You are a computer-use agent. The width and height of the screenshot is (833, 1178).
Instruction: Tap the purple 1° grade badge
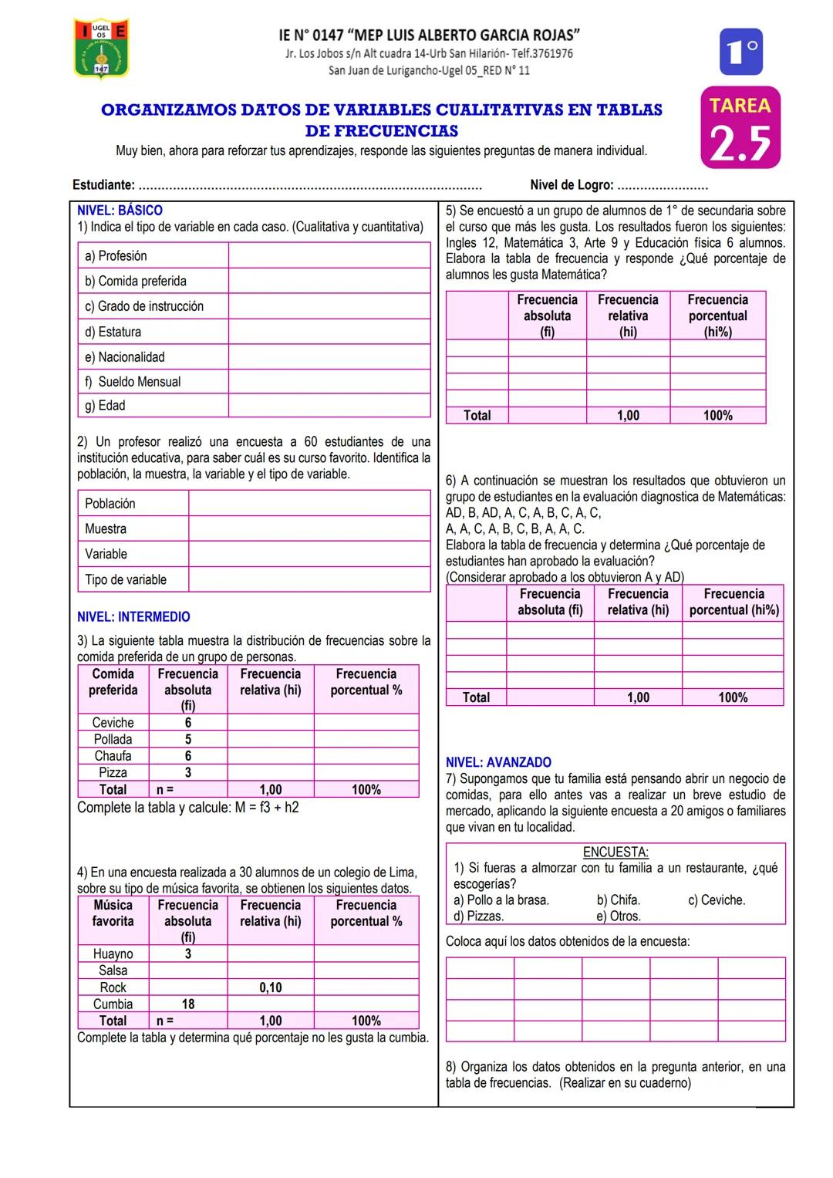740,52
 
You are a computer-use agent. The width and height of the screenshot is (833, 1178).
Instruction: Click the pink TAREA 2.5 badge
740,128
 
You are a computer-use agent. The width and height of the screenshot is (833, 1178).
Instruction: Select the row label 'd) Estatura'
113,332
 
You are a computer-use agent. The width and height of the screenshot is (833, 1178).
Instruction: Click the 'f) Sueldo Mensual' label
133,382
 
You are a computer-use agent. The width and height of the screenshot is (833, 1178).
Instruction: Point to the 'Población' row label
110,504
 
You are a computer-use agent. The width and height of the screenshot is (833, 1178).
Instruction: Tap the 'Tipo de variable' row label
126,579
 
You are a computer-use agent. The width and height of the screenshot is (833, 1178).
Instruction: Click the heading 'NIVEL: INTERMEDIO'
133,617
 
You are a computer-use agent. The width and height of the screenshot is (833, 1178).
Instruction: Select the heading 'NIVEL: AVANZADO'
498,762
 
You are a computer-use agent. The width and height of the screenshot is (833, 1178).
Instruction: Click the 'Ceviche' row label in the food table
113,723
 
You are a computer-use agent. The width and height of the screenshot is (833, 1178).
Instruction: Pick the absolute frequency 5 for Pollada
188,739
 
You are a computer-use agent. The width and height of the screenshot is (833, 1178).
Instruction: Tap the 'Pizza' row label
113,772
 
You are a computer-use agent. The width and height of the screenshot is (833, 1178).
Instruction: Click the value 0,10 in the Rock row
271,987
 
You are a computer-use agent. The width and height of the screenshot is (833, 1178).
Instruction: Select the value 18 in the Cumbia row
188,1004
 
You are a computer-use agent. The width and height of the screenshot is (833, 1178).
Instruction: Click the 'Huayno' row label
113,954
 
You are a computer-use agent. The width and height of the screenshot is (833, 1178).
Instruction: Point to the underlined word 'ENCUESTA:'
615,852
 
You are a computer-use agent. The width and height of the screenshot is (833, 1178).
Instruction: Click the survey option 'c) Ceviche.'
717,900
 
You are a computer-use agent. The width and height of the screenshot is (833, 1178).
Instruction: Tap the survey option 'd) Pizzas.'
478,916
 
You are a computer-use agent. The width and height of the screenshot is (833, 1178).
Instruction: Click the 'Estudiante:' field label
103,185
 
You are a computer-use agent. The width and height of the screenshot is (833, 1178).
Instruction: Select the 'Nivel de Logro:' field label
572,185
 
